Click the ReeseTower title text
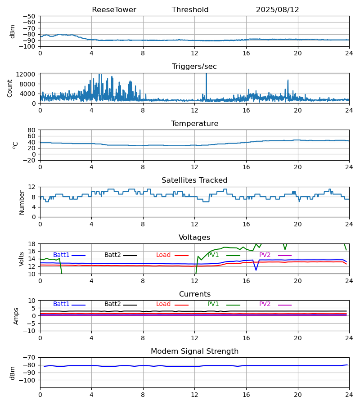[114, 10]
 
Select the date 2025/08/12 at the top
[277, 10]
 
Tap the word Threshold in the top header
[190, 10]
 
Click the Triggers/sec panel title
[194, 67]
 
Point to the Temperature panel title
[194, 124]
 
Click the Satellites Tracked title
[194, 180]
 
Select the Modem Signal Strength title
[194, 351]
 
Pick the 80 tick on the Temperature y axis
[31, 130]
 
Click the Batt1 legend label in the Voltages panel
[61, 255]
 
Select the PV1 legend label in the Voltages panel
[213, 255]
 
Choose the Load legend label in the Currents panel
[163, 304]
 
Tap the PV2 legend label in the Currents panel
[265, 304]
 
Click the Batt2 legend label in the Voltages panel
[112, 255]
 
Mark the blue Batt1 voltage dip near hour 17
[256, 270]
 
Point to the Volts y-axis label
[22, 259]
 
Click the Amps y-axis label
[17, 316]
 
